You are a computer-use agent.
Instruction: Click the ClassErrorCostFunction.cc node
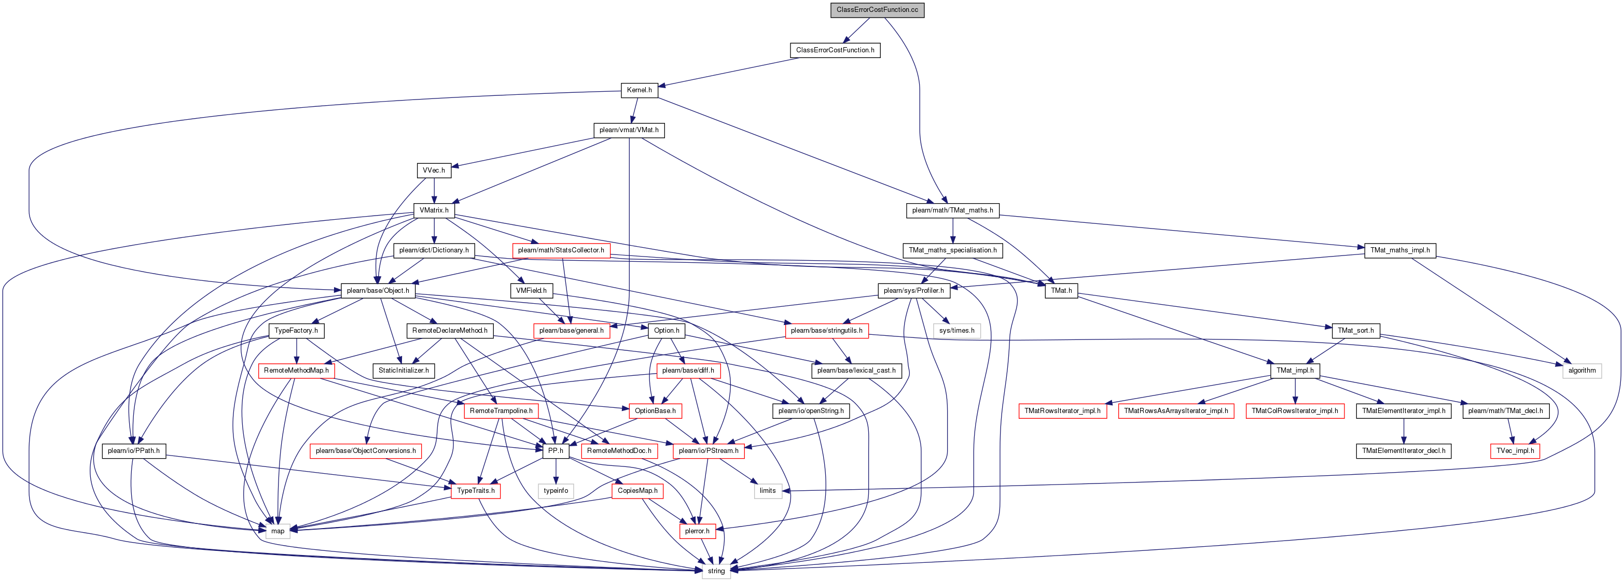point(877,10)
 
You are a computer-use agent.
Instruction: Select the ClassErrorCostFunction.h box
point(835,50)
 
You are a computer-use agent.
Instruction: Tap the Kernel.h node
point(639,90)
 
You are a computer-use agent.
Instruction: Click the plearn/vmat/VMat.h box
point(629,131)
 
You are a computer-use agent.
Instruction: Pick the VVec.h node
point(434,170)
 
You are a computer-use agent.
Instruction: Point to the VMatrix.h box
point(434,210)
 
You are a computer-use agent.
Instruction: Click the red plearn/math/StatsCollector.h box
point(561,250)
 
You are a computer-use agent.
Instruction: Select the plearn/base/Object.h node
point(378,290)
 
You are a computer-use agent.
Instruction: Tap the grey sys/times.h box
point(956,331)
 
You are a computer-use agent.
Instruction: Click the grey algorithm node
point(1582,371)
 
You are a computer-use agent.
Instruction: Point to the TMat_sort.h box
point(1355,331)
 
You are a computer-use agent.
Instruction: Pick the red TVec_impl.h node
point(1515,451)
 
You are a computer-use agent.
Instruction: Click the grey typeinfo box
point(556,491)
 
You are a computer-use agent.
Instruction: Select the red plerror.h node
point(697,531)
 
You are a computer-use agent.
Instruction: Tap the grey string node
point(716,571)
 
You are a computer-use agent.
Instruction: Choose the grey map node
point(277,531)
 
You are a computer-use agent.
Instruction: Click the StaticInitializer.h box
point(404,371)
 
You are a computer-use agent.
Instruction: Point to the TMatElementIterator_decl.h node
point(1404,451)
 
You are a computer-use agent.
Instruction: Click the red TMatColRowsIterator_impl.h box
point(1294,410)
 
